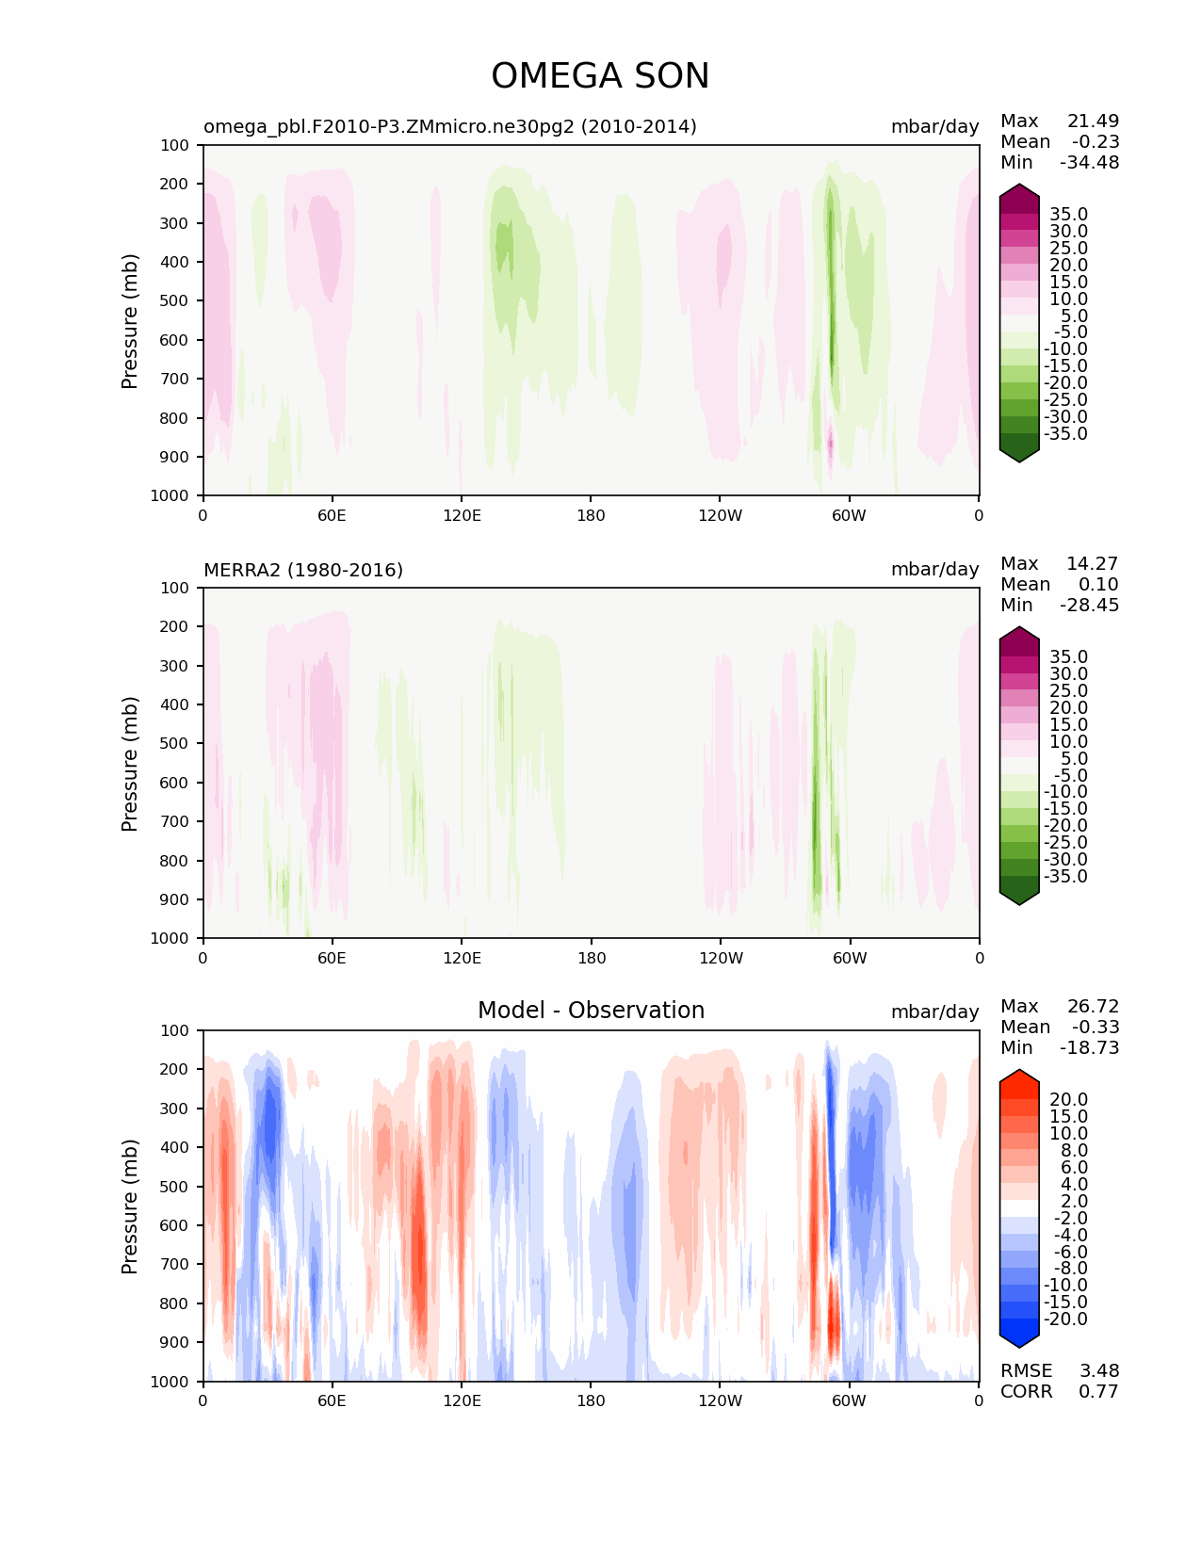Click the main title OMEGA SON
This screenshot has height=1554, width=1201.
coord(600,76)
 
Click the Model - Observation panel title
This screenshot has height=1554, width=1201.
coord(591,1011)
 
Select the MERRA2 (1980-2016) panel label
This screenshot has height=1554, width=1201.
coord(303,570)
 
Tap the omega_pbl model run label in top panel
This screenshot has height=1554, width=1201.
coord(450,126)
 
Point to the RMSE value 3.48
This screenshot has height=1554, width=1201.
coord(1098,1370)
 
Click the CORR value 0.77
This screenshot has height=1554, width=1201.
coord(1098,1391)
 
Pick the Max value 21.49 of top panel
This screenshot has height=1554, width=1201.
coord(1093,121)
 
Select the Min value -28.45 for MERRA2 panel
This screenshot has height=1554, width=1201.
coord(1090,605)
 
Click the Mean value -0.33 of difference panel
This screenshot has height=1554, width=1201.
coord(1095,1027)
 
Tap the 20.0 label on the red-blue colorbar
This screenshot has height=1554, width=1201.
coord(1068,1099)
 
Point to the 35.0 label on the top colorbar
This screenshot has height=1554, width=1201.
coord(1068,214)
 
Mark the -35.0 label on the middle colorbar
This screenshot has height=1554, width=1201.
coord(1065,876)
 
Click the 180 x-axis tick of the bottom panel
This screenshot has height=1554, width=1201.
coord(591,1400)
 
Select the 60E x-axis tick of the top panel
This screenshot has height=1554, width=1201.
coord(332,515)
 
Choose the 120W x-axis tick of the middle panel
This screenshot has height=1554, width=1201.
coord(721,958)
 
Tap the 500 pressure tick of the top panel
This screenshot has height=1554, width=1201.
coord(175,300)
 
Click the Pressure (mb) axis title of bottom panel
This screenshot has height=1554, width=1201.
coord(130,1206)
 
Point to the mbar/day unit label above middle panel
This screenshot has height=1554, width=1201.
coord(934,570)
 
